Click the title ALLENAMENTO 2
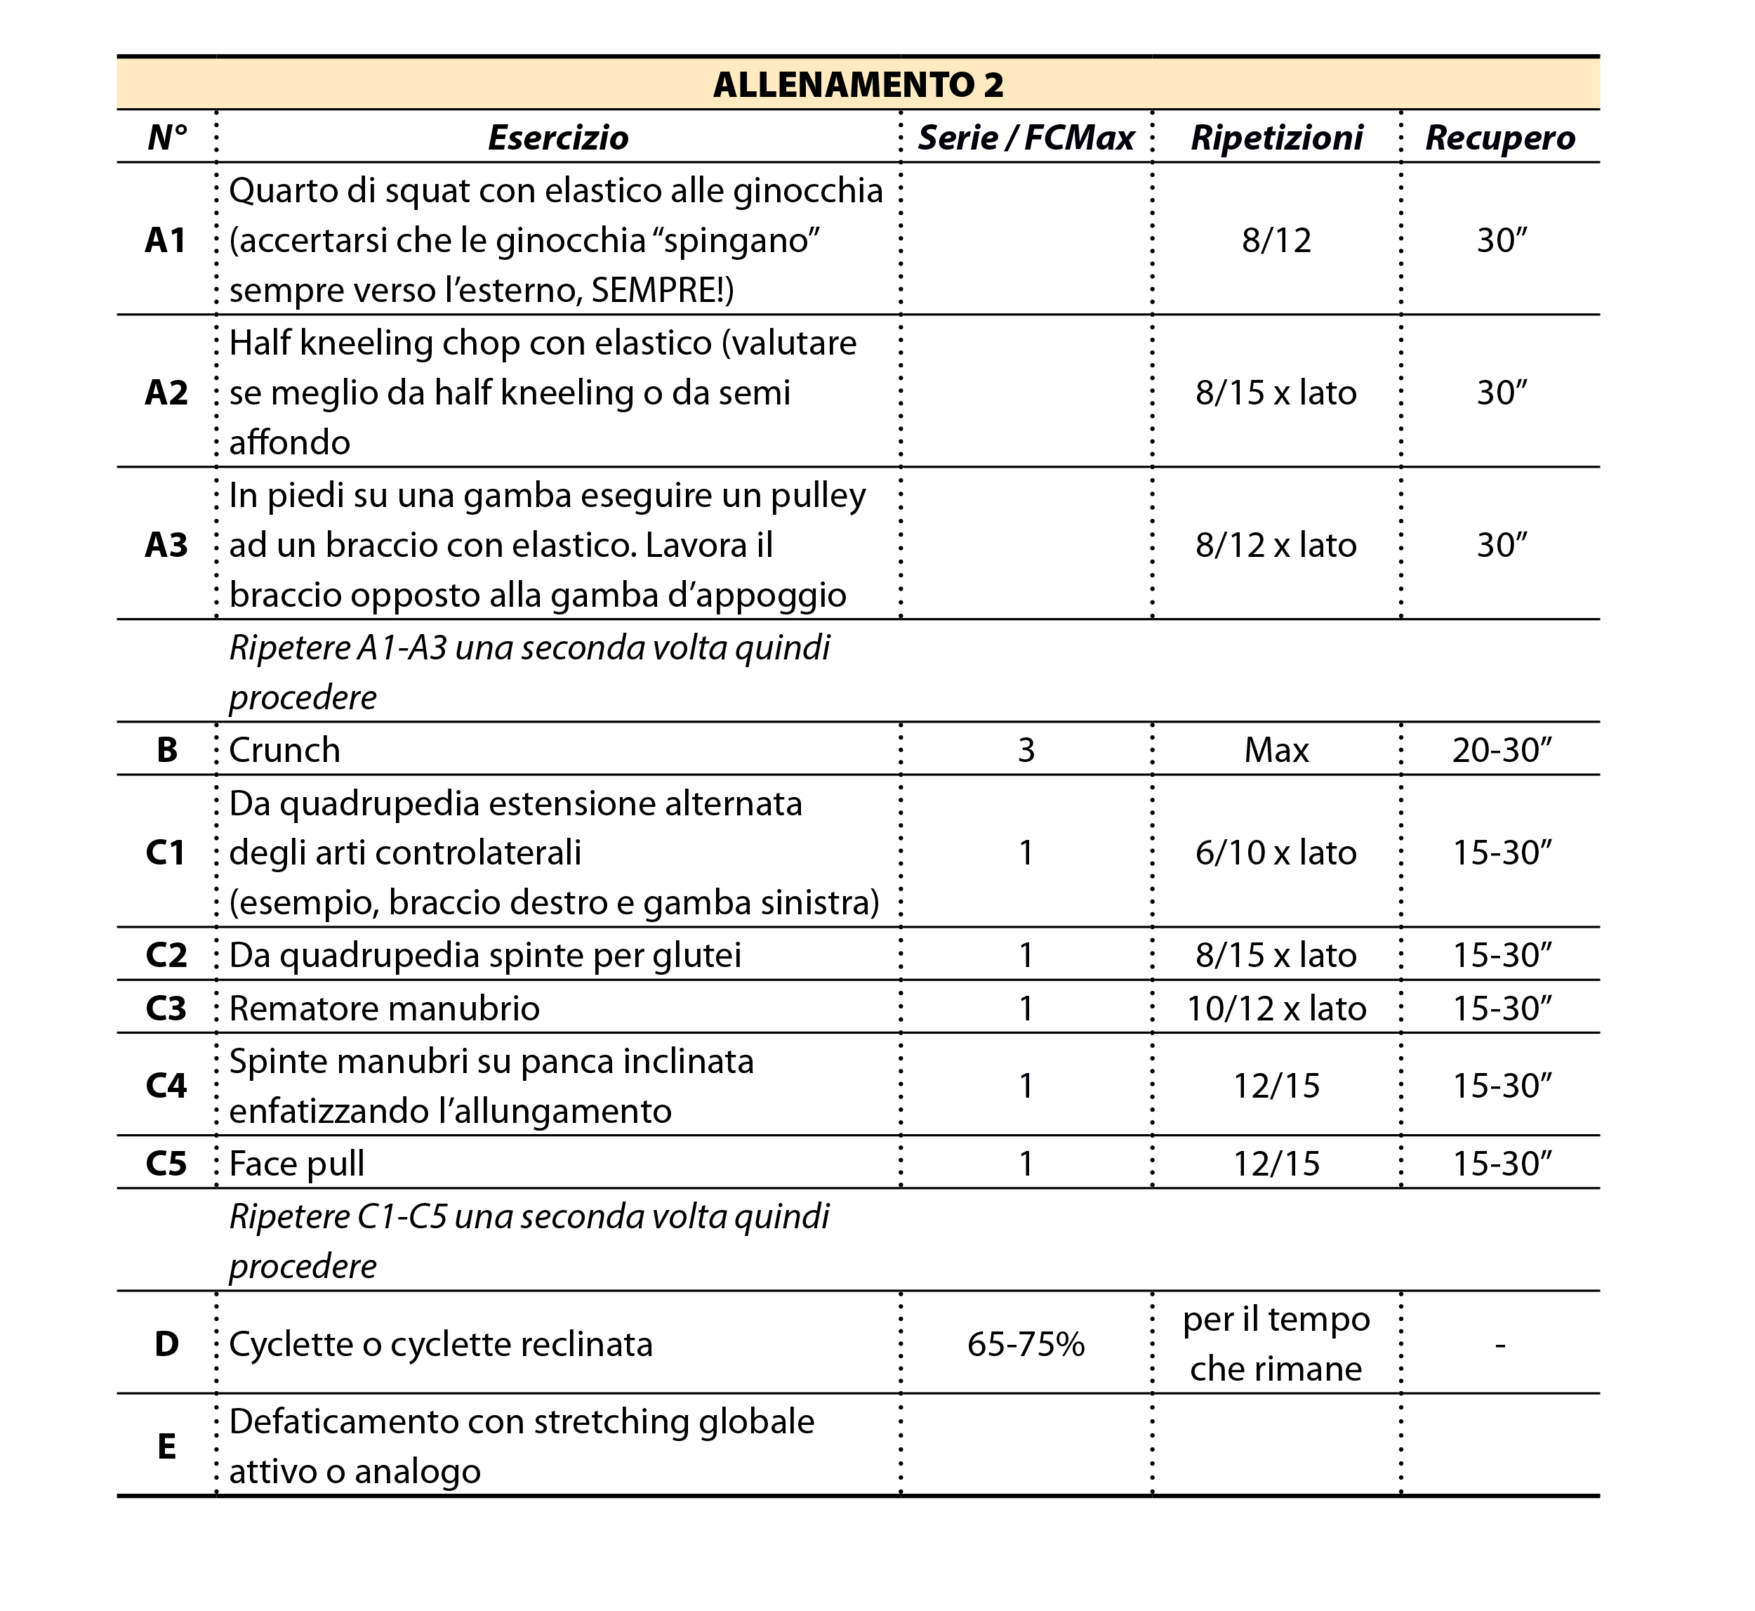(x=859, y=84)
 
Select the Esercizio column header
(x=557, y=138)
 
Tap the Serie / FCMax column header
(x=1026, y=138)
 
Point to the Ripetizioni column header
(x=1277, y=138)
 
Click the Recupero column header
(x=1499, y=138)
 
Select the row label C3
(x=166, y=1008)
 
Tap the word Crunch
(x=284, y=750)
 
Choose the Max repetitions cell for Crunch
(x=1277, y=750)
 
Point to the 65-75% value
(x=1026, y=1344)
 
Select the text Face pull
(x=296, y=1163)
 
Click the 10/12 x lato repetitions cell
(x=1277, y=1008)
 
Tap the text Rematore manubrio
(x=384, y=1008)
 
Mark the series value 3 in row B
(x=1026, y=750)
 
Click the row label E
(x=166, y=1446)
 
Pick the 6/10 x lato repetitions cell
(x=1277, y=852)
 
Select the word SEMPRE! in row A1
(x=661, y=290)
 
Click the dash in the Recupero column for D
(x=1499, y=1345)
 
